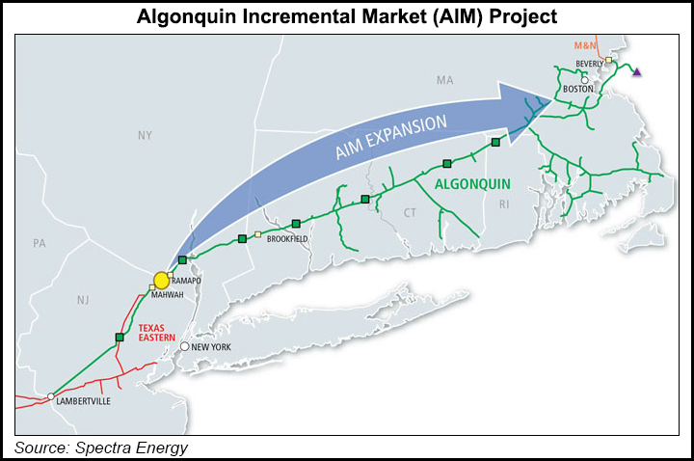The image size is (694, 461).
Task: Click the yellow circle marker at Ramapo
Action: click(x=161, y=281)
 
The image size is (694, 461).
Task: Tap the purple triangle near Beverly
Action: click(x=636, y=71)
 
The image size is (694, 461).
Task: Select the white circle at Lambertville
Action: click(x=50, y=396)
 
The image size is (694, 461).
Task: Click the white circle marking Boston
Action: click(x=585, y=81)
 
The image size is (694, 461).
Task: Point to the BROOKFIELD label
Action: click(x=286, y=237)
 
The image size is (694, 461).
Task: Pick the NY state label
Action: click(x=145, y=136)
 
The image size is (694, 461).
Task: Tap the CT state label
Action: click(x=410, y=211)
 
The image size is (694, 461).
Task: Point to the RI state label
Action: click(x=503, y=203)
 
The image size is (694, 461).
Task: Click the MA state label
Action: click(x=444, y=80)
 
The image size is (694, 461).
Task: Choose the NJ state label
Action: click(x=83, y=300)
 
